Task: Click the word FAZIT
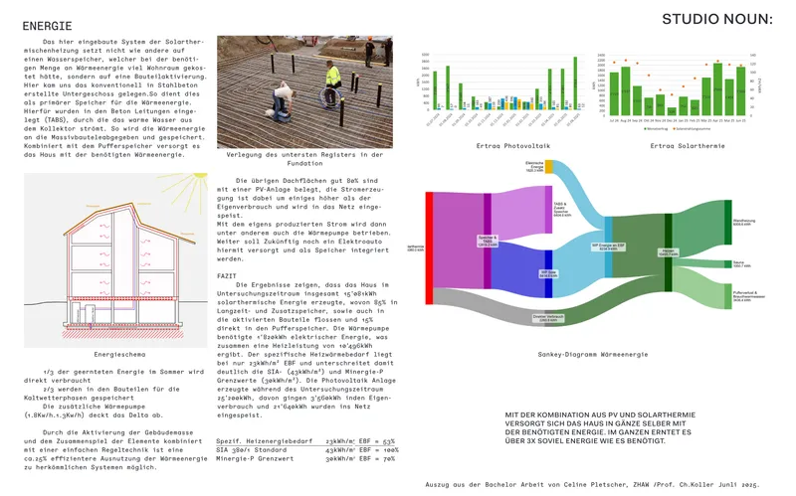227,275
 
